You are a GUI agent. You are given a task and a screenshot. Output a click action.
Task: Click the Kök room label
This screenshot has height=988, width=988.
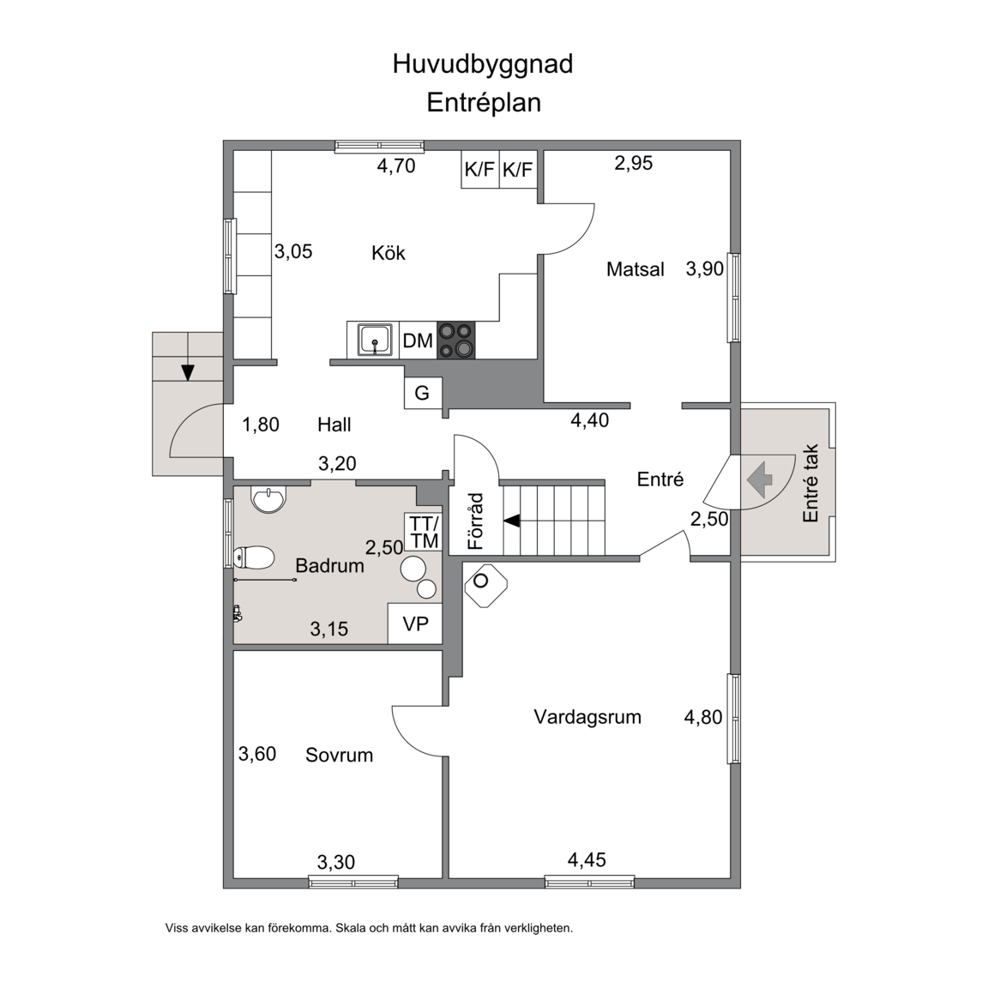389,253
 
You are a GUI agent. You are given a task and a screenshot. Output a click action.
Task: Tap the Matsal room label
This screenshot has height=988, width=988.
636,269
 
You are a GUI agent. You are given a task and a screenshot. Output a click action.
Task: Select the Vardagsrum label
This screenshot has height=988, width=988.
587,717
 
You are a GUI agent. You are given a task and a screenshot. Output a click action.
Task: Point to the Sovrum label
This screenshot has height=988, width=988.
339,755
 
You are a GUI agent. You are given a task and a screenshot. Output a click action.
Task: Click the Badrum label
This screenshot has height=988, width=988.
329,566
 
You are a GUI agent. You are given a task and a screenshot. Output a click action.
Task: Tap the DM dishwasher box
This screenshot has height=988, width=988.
418,340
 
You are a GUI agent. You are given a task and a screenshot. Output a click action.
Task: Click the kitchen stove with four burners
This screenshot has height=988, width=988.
456,340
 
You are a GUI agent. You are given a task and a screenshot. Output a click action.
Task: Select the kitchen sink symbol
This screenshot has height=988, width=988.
375,340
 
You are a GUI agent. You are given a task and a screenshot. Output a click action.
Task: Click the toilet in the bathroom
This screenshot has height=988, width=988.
254,557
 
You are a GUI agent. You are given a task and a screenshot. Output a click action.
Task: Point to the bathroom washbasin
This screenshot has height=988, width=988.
268,499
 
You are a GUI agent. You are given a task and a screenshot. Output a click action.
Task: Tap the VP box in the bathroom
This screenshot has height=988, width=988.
415,624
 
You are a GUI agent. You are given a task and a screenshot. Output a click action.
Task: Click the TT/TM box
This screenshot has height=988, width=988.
424,533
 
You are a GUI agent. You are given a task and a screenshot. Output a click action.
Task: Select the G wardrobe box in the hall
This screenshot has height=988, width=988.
423,393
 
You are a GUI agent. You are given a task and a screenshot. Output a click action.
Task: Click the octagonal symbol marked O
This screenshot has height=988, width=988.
485,586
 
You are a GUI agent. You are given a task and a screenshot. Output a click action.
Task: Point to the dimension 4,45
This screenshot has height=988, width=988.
587,860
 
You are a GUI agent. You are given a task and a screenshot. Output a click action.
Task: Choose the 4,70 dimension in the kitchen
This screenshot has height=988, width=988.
396,166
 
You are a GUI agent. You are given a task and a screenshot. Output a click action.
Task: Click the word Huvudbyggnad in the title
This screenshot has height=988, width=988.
483,64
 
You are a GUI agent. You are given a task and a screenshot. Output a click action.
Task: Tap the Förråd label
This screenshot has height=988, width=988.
476,521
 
